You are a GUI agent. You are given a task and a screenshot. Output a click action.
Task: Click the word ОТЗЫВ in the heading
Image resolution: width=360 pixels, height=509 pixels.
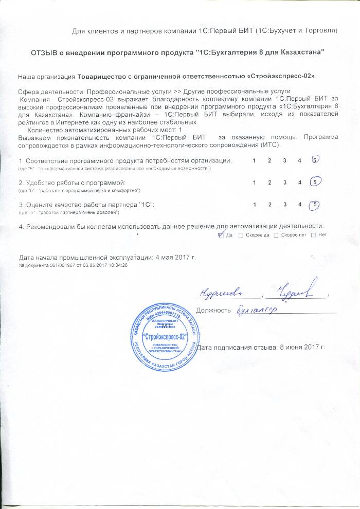[47, 52]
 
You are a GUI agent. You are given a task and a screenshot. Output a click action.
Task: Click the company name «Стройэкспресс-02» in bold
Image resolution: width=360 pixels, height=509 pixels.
[281, 76]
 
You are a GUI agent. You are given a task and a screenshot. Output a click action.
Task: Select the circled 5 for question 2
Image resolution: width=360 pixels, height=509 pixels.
[316, 182]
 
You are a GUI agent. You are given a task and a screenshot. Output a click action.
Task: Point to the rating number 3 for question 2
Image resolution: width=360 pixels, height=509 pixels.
[284, 183]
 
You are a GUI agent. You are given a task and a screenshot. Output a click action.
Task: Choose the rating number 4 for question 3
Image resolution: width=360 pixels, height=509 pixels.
[299, 205]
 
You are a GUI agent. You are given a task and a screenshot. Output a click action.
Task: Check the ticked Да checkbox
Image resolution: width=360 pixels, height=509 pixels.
[221, 235]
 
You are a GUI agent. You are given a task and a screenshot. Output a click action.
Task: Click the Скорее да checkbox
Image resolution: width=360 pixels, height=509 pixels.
[240, 235]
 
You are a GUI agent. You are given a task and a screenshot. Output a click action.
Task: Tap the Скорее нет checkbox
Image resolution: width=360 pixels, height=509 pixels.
[276, 235]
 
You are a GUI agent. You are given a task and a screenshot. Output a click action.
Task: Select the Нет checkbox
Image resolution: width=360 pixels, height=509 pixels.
[314, 235]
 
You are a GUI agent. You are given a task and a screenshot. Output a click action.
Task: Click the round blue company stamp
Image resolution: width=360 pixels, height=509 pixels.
[164, 337]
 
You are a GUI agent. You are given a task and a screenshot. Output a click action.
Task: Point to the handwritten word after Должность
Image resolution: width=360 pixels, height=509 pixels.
[257, 310]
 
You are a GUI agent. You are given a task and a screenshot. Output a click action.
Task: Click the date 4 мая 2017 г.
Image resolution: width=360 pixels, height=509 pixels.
[174, 257]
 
